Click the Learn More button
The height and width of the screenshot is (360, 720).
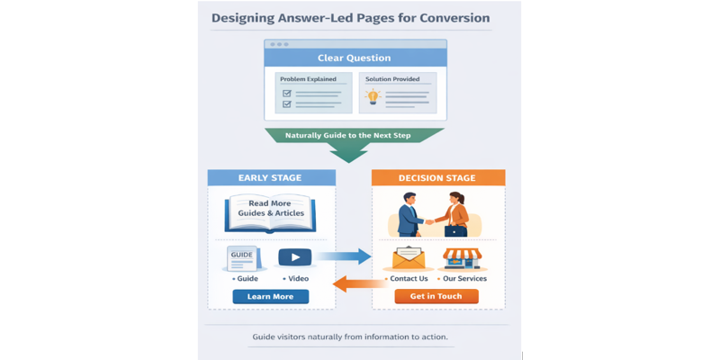[x=270, y=296]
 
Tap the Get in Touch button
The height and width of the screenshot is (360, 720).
[x=436, y=296]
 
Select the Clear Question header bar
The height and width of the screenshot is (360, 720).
[x=354, y=58]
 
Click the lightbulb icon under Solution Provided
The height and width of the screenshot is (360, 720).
[x=373, y=97]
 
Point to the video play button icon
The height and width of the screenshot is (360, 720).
[x=294, y=257]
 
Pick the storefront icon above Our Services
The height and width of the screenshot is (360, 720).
[x=463, y=258]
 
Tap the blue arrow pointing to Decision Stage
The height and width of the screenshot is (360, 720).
[x=344, y=257]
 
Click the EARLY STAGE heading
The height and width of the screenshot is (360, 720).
[x=270, y=178]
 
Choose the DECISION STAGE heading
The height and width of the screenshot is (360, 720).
[x=436, y=178]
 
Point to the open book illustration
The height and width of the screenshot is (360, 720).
[x=270, y=214]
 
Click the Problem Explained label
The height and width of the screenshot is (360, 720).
[x=307, y=79]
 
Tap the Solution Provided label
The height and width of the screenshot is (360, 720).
[x=392, y=79]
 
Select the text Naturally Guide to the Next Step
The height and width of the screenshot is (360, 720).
[x=354, y=135]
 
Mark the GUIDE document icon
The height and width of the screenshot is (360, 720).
[x=243, y=258]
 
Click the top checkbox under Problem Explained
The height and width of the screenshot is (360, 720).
[x=287, y=93]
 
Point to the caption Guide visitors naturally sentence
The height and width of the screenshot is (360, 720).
[x=351, y=337]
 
